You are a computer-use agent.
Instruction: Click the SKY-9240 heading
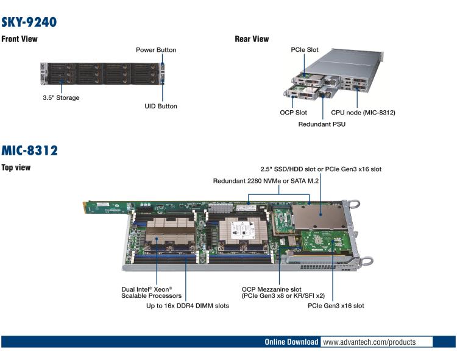(29, 23)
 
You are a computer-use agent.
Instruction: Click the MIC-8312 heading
(29, 150)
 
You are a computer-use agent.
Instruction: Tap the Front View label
(19, 39)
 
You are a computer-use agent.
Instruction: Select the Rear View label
(252, 39)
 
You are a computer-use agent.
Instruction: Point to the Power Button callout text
(156, 50)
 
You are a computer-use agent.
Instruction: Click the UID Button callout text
(157, 106)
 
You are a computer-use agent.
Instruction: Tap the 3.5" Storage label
(61, 97)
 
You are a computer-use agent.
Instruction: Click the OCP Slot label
(293, 113)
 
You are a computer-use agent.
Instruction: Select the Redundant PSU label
(322, 124)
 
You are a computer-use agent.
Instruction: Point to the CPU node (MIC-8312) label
(363, 113)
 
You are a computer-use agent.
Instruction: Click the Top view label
(16, 167)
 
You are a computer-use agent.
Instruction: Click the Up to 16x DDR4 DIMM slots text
(188, 306)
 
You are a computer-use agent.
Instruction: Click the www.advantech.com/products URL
(369, 342)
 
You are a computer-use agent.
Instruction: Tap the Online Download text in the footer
(291, 342)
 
